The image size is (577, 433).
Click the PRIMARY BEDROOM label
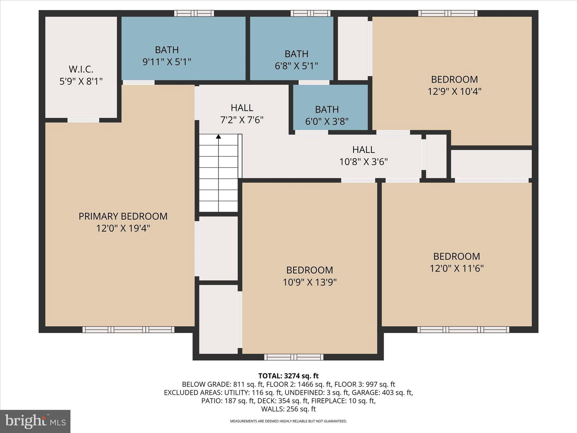pyautogui.click(x=123, y=216)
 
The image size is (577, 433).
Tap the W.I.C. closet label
pyautogui.click(x=81, y=69)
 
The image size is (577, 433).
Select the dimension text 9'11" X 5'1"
pyautogui.click(x=167, y=62)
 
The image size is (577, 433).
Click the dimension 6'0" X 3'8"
pyautogui.click(x=327, y=121)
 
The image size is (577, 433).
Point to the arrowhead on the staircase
pyautogui.click(x=218, y=136)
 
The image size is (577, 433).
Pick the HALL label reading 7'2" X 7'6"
pyautogui.click(x=242, y=108)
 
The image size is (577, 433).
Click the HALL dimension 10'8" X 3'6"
pyautogui.click(x=363, y=162)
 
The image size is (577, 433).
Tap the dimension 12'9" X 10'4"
pyautogui.click(x=454, y=91)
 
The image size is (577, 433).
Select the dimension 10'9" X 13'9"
pyautogui.click(x=310, y=282)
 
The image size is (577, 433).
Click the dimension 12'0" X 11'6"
pyautogui.click(x=456, y=268)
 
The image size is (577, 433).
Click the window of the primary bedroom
pyautogui.click(x=128, y=330)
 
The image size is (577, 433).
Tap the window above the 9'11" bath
pyautogui.click(x=194, y=13)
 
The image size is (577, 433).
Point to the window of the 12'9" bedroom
pyautogui.click(x=447, y=13)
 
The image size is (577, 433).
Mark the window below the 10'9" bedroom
pyautogui.click(x=294, y=357)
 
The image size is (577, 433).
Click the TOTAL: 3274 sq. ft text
pyautogui.click(x=288, y=376)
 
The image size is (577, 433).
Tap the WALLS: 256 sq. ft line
pyautogui.click(x=288, y=409)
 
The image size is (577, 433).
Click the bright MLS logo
pyautogui.click(x=35, y=421)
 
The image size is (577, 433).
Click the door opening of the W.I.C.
pyautogui.click(x=83, y=120)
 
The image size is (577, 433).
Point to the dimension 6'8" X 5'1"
pyautogui.click(x=296, y=66)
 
